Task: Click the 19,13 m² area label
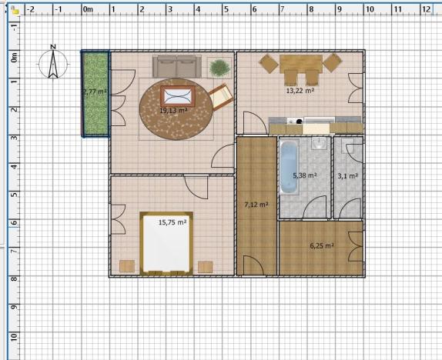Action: click(173, 110)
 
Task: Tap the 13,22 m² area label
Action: click(300, 90)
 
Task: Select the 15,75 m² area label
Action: click(172, 222)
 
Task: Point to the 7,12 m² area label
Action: click(256, 205)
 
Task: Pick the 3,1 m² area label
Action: click(347, 176)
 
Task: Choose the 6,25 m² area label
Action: click(321, 245)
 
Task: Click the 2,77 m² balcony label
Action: click(95, 92)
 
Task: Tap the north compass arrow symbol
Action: click(53, 62)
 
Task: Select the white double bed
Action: click(165, 243)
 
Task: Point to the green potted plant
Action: click(219, 68)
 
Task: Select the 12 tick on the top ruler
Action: click(425, 10)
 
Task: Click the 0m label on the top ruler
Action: click(88, 10)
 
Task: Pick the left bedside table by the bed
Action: click(127, 266)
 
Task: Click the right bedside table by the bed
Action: click(205, 266)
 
